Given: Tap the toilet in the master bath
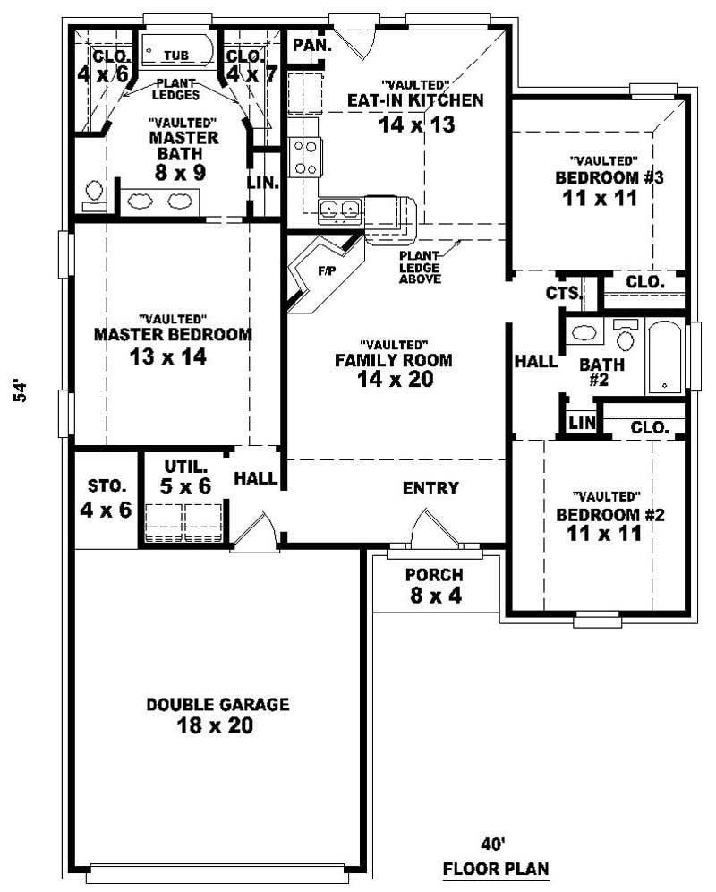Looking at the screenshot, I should (93, 193).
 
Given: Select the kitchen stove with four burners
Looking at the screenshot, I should (305, 158).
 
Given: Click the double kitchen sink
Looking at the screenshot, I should (339, 209).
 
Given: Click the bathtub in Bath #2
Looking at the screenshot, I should (665, 356).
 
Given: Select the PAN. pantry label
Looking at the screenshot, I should (311, 45).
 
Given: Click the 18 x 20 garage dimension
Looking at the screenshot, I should (217, 725).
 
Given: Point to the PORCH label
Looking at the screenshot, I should (434, 574).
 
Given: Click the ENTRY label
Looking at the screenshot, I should (430, 488).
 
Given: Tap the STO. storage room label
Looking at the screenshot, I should (107, 486).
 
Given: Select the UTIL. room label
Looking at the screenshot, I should (186, 467).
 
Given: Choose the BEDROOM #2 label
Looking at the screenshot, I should (598, 515).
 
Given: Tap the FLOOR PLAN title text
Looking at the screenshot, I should (496, 870).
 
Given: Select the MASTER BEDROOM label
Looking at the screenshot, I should (173, 335).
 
